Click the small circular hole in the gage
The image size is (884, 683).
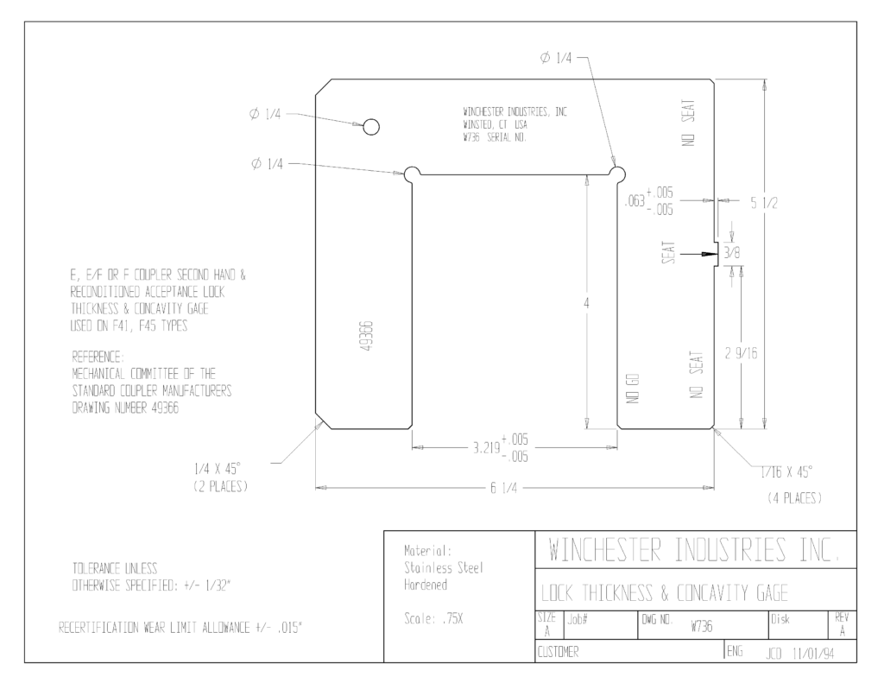pos(371,127)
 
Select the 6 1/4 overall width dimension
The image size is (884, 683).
pos(503,488)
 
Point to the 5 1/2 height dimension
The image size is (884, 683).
pos(764,203)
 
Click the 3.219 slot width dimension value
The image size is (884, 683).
pos(487,448)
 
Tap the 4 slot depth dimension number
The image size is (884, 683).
pos(586,303)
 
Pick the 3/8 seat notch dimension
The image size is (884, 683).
pos(732,253)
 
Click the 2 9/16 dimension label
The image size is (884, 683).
pos(741,354)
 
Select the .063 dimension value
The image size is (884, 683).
pos(635,201)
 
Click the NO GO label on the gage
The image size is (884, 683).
pos(633,389)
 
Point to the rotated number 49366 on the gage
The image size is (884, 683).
pos(366,336)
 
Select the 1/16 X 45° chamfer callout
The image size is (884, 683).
pos(786,472)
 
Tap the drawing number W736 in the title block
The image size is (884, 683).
pos(701,626)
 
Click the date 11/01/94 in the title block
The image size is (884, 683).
pos(813,654)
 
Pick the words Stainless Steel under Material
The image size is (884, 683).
pos(444,568)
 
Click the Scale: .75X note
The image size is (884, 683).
pos(433,619)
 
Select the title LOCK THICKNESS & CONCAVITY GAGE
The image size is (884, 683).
pos(665,592)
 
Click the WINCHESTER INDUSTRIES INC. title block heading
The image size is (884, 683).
pos(694,550)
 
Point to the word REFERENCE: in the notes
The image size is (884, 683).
pos(98,357)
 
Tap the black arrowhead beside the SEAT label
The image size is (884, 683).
pos(708,255)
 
